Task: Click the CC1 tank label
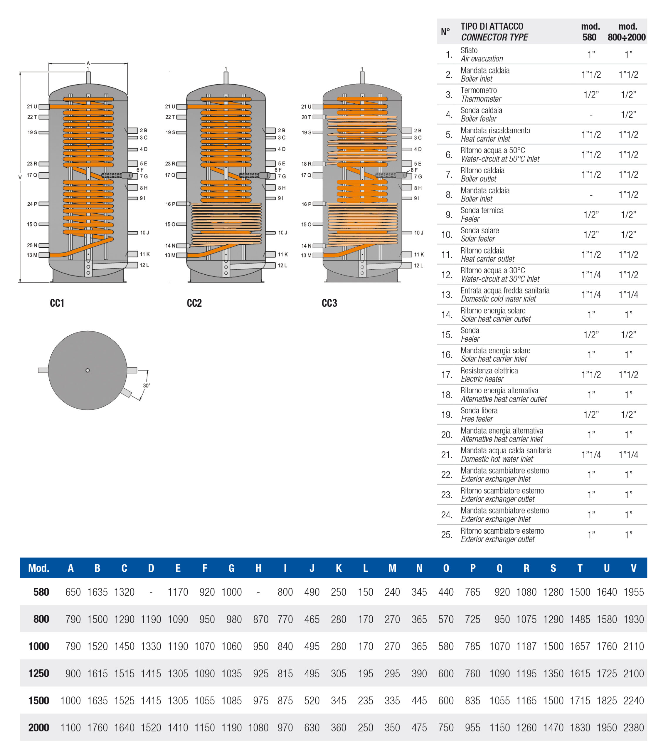[x=57, y=303]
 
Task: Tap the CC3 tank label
[x=329, y=303]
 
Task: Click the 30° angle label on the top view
[x=147, y=386]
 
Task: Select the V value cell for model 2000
[x=633, y=728]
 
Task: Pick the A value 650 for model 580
[x=73, y=592]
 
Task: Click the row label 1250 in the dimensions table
[x=39, y=673]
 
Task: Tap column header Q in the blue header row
[x=499, y=568]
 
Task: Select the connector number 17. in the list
[x=447, y=375]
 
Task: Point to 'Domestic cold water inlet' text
[x=498, y=299]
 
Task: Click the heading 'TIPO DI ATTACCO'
[x=492, y=26]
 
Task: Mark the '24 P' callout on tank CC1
[x=32, y=204]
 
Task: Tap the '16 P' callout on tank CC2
[x=170, y=204]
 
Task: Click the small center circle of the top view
[x=88, y=370]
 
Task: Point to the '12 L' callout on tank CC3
[x=419, y=265]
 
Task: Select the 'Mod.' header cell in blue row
[x=39, y=568]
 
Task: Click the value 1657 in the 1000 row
[x=580, y=647]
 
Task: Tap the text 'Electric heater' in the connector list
[x=482, y=379]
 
